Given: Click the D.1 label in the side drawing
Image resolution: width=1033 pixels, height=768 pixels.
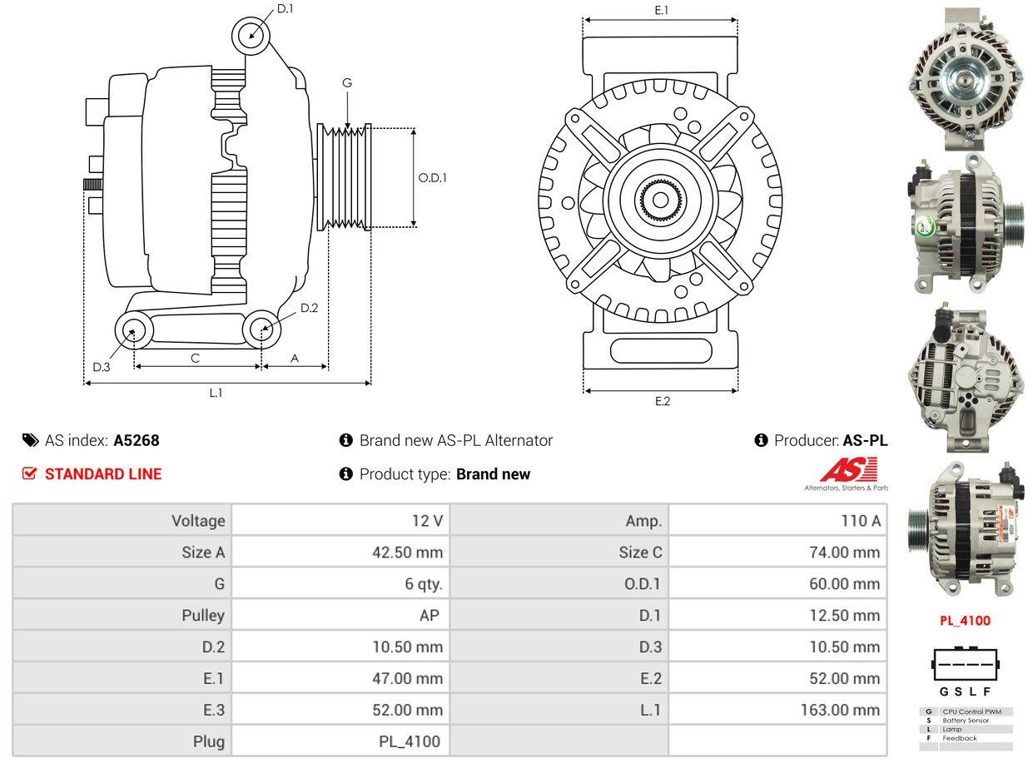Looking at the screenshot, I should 285,8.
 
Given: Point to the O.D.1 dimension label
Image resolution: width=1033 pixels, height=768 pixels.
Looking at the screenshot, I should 432,177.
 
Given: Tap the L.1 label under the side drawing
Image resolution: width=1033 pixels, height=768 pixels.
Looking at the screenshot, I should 216,393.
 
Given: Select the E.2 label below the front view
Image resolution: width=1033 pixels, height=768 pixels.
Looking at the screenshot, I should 662,401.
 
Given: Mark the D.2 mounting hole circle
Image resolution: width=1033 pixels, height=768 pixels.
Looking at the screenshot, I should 262,329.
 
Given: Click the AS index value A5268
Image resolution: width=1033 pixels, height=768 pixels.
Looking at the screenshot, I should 137,440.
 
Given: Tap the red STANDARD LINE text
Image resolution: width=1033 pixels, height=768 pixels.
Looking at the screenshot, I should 103,474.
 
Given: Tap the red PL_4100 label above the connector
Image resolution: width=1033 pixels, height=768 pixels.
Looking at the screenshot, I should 965,620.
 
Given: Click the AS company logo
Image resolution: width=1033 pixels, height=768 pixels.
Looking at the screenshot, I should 847,473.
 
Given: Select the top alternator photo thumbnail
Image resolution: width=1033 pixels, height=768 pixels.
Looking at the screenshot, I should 965,79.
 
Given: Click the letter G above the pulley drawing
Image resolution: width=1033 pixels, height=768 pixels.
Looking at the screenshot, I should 347,82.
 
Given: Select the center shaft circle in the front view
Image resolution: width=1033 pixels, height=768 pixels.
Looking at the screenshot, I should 660,200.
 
